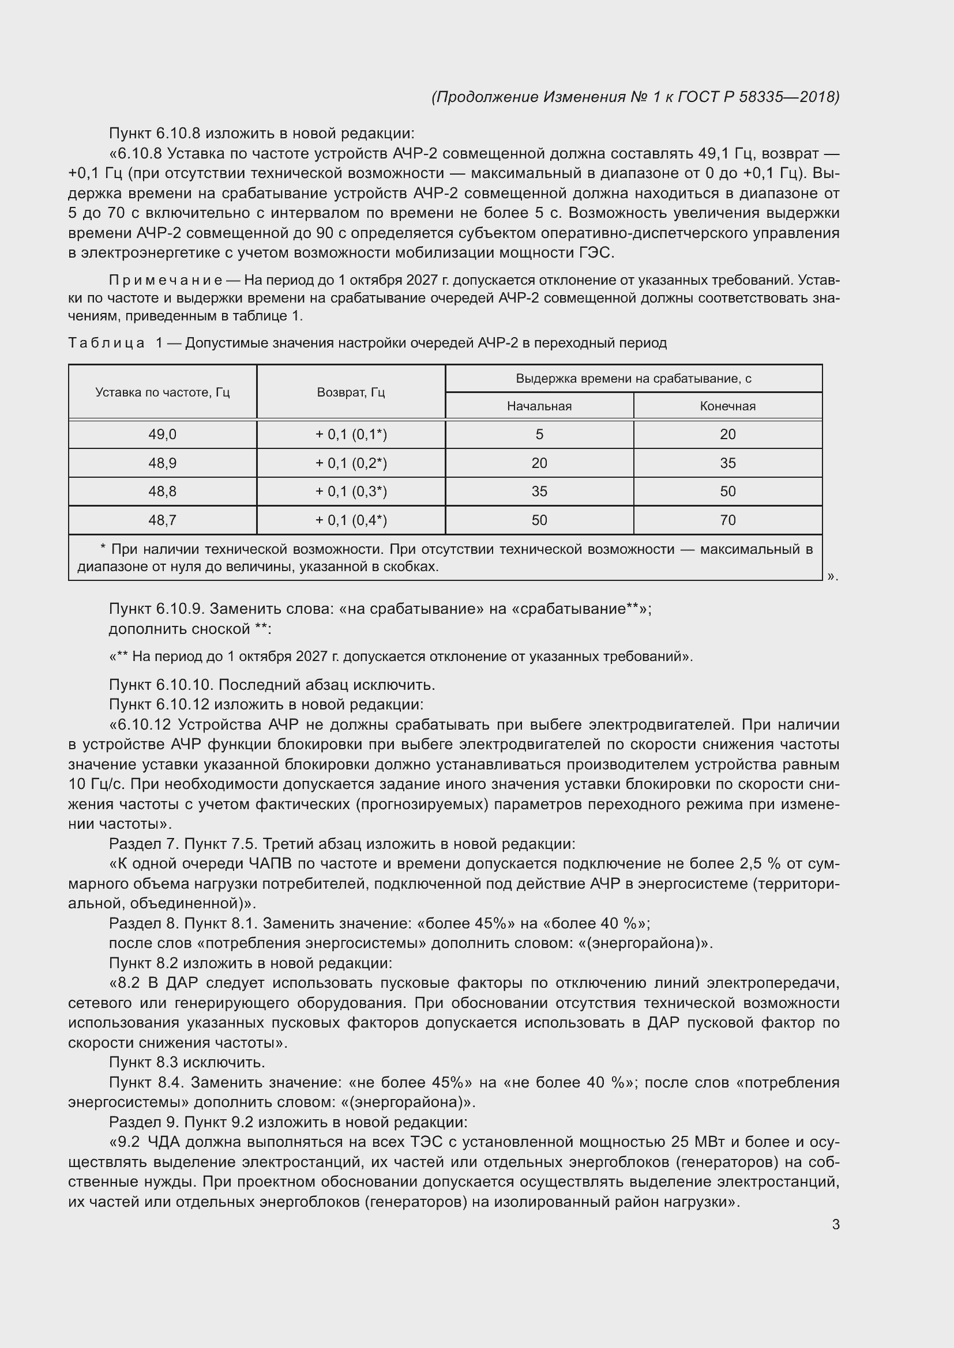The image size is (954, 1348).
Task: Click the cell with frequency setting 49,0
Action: coord(162,435)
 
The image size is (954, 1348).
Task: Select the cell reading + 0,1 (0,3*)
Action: coord(351,492)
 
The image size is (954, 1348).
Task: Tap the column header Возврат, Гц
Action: coord(351,392)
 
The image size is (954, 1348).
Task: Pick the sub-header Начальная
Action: coord(539,406)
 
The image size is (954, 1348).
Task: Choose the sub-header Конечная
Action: coord(727,406)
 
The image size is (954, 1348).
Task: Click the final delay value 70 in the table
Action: coord(727,520)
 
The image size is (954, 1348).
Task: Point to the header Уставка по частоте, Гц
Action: coord(162,392)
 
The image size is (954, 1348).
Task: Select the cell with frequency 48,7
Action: coord(162,520)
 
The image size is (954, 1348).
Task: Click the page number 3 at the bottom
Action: coord(835,1225)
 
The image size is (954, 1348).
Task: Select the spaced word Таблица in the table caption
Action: coord(106,343)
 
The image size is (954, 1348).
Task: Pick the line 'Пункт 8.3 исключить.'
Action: coord(187,1062)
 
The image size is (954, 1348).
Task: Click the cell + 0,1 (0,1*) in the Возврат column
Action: coord(351,435)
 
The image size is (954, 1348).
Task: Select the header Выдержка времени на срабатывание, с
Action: coord(633,379)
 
